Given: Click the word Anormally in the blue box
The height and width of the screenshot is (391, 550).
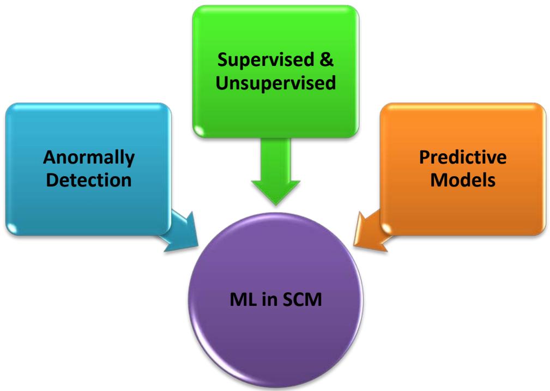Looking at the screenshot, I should point(88,158).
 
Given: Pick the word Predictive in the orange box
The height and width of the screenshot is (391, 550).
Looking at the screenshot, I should point(463,158).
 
